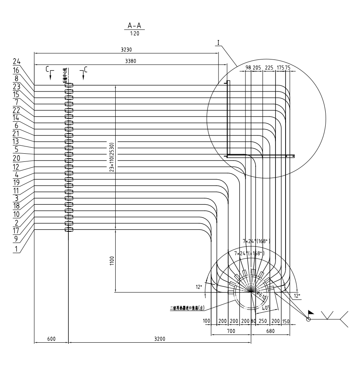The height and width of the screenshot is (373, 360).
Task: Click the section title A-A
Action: coord(136,25)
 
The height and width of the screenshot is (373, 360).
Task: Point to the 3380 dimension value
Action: coord(126,61)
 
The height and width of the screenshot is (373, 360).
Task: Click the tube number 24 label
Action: coord(17,61)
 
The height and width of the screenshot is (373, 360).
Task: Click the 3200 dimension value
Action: coord(160,339)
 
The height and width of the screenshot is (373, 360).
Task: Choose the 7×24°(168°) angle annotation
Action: coord(256,241)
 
